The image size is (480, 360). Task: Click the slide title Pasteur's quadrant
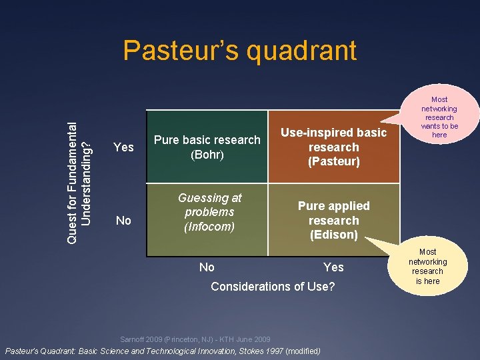240,51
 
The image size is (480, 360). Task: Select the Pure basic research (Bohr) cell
207,147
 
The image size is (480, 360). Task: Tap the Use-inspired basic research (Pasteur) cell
333,147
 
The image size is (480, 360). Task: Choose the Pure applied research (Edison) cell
333,220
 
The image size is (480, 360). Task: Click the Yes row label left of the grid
124,147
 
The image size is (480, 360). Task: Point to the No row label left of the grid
123,220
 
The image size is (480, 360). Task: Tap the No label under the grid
207,267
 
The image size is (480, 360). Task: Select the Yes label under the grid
333,267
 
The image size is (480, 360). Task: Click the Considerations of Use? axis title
273,287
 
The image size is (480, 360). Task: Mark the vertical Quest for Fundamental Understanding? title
79,168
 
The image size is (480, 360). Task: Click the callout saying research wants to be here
439,117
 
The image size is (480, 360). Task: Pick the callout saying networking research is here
427,266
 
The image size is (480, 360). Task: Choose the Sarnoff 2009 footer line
195,339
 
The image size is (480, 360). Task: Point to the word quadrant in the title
304,51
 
